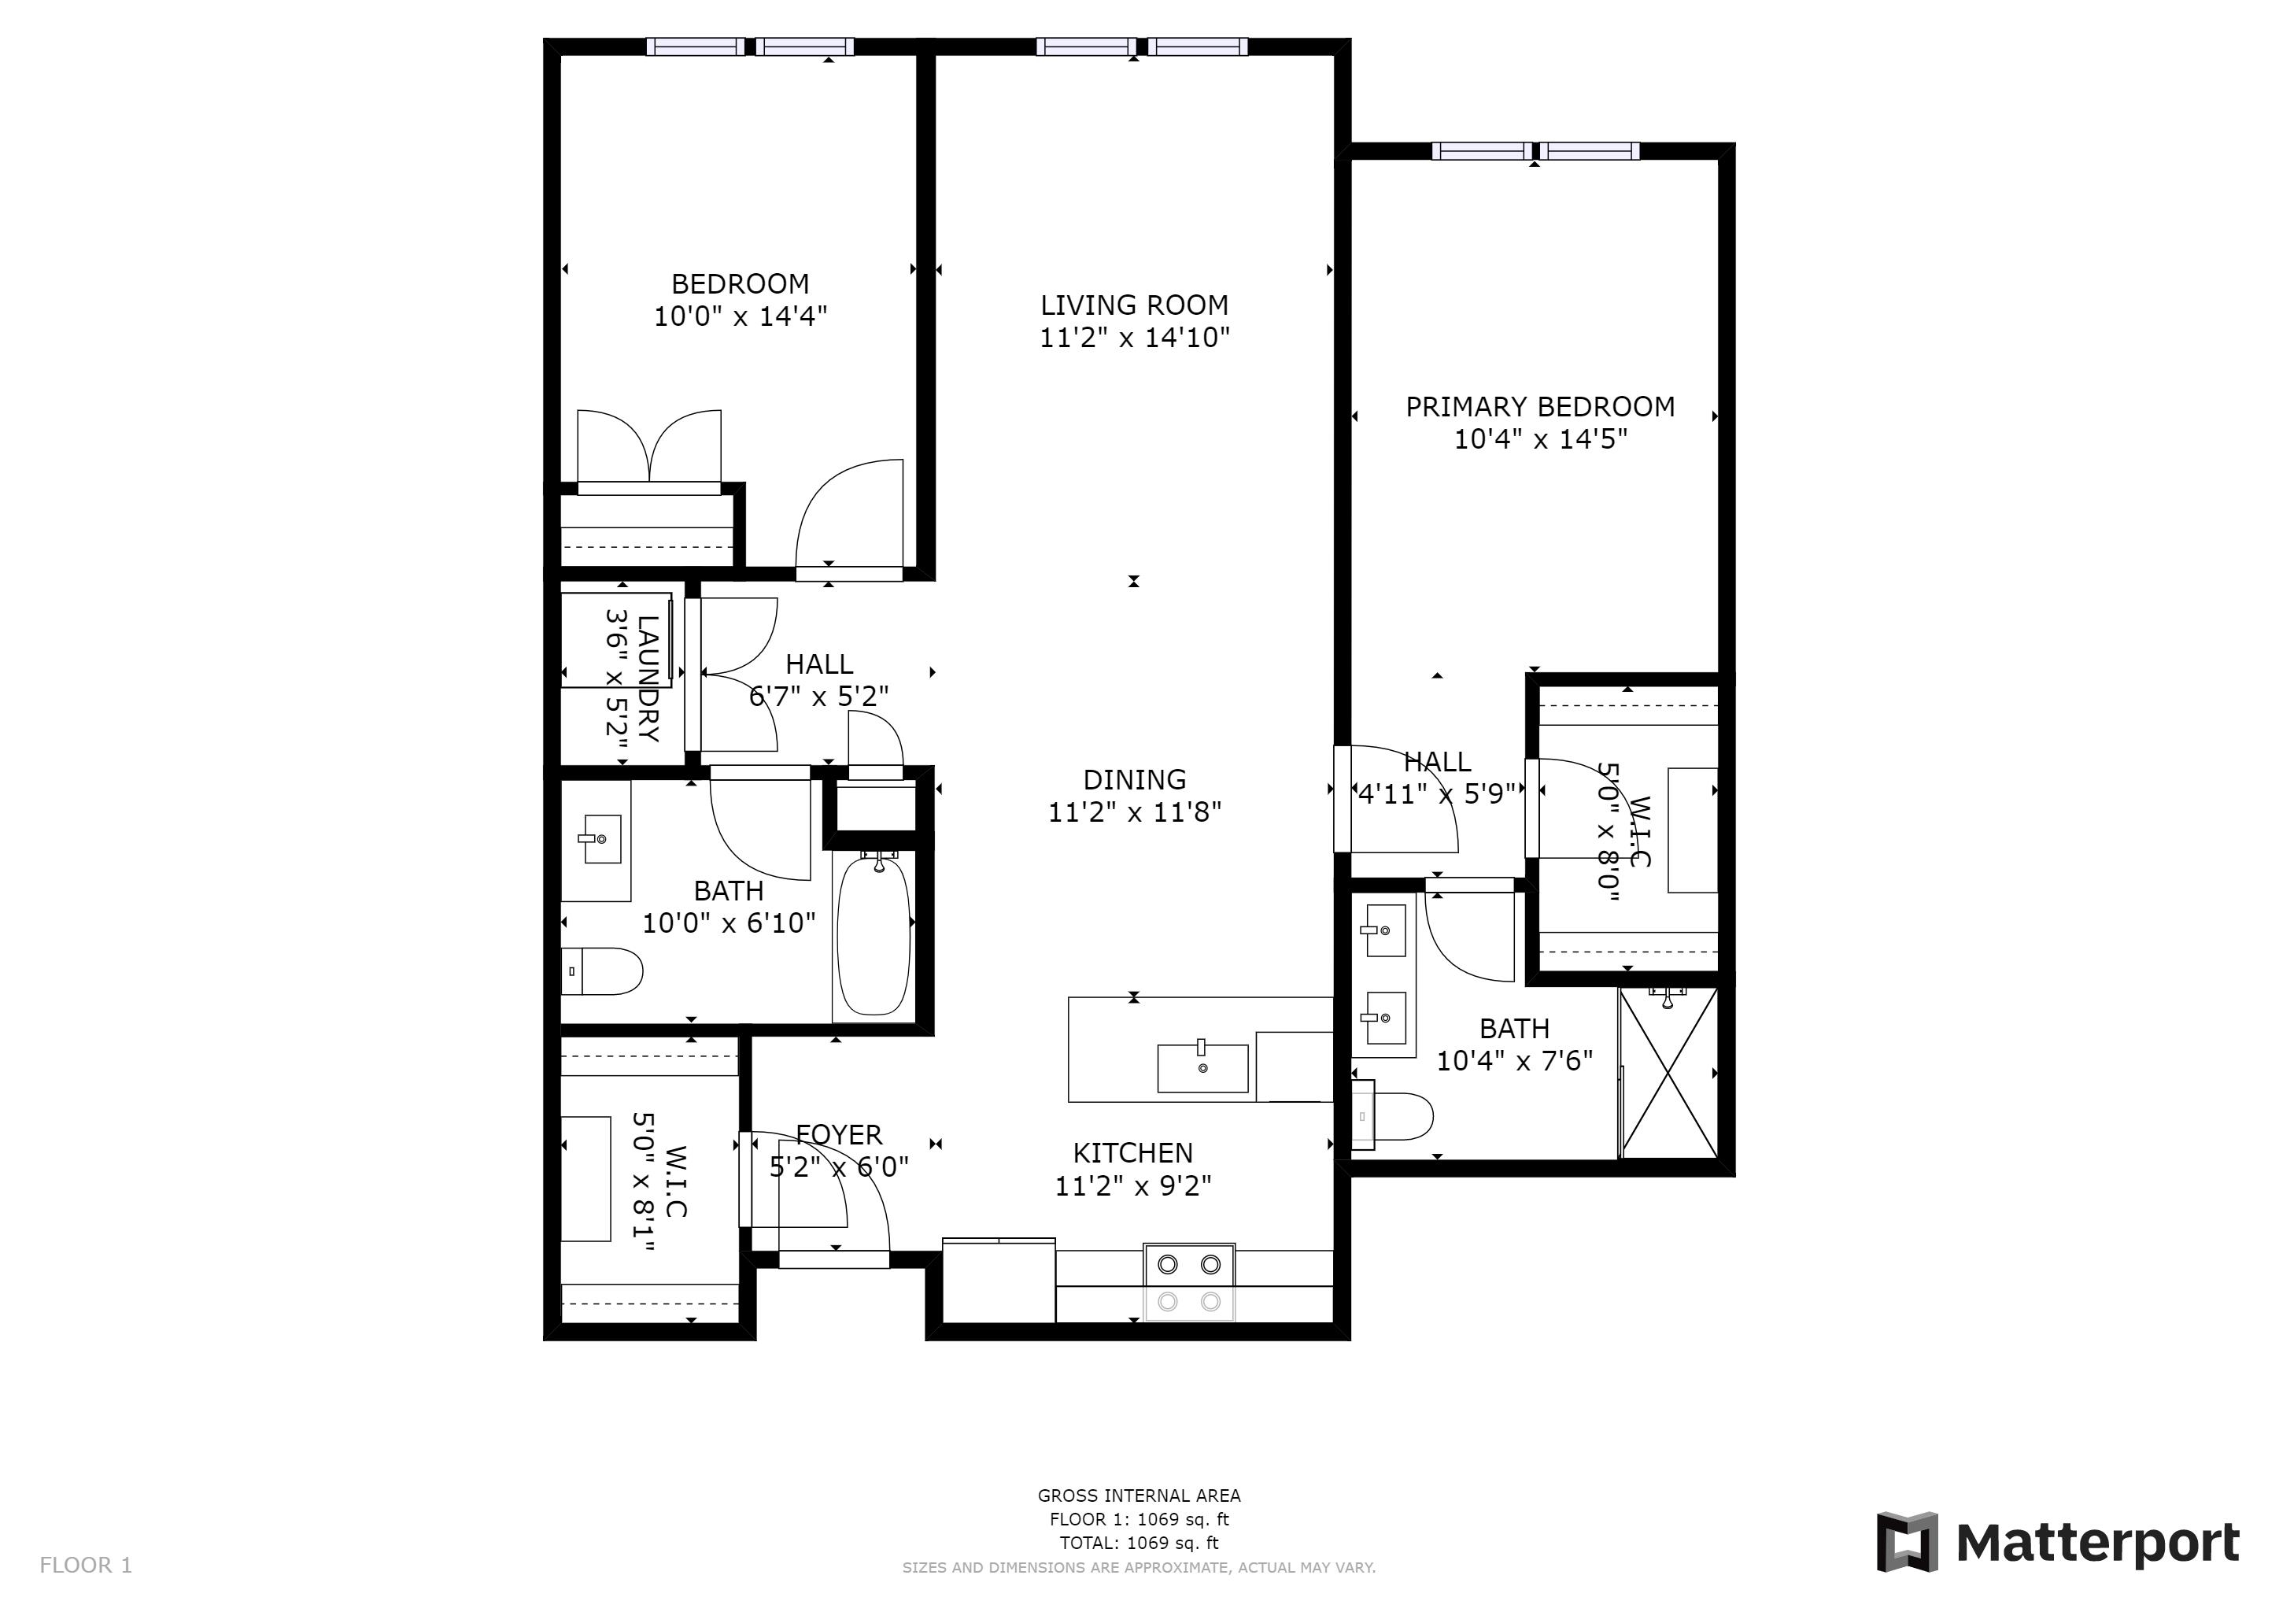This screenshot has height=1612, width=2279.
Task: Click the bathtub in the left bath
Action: coord(874,937)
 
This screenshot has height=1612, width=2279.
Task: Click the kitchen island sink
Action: coord(1202,1068)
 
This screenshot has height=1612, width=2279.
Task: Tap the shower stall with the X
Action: coord(1668,1072)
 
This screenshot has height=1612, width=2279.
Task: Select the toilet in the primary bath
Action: coord(1394,1117)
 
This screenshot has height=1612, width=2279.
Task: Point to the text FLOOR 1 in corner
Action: coord(85,1566)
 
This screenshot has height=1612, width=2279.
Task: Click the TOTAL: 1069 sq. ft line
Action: coord(1139,1543)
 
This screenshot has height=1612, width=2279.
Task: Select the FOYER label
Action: coord(839,1134)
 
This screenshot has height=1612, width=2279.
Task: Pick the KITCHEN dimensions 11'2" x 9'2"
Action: coord(1132,1186)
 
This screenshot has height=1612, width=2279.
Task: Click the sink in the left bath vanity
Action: coord(600,840)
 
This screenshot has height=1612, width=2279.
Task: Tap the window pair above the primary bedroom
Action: coord(1535,151)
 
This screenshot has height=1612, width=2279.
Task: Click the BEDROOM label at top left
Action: coord(740,284)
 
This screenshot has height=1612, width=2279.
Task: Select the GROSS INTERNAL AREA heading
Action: coord(1139,1495)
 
